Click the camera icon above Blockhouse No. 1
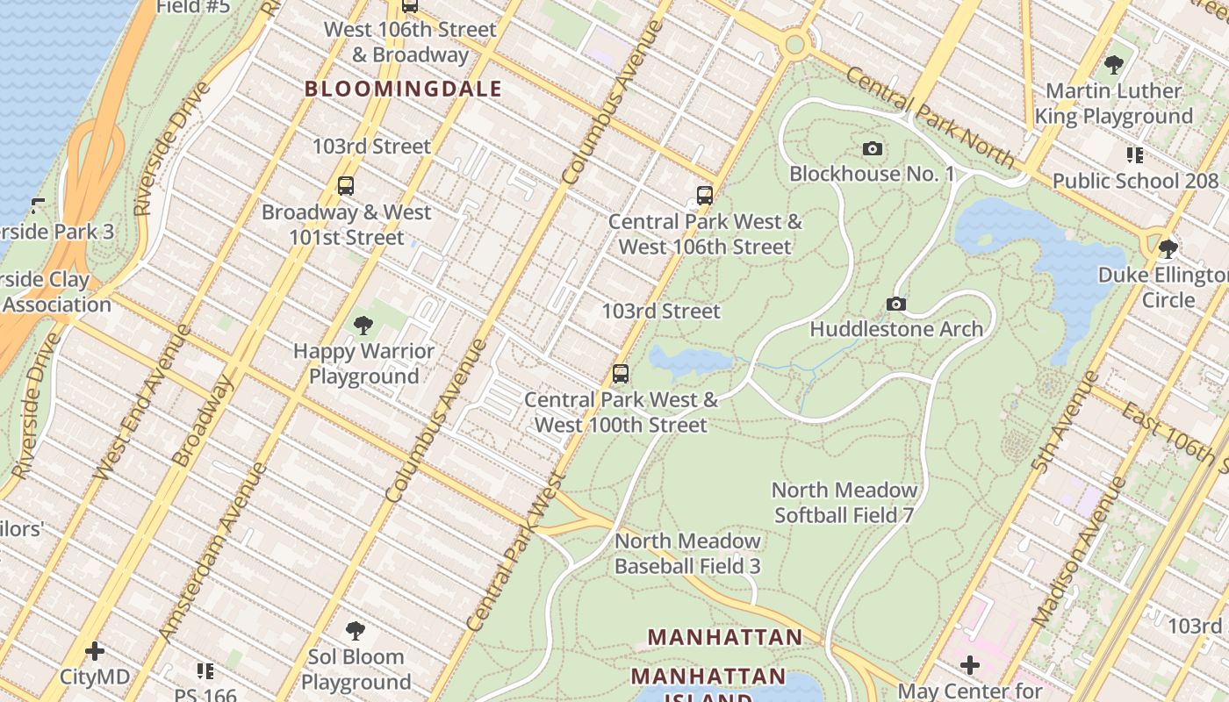point(872,148)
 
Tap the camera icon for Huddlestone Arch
point(895,304)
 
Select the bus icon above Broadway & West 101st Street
point(346,186)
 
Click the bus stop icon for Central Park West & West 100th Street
point(621,374)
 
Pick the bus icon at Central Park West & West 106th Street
point(704,195)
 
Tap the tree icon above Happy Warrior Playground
point(363,326)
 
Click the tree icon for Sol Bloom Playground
point(356,631)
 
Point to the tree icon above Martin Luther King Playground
point(1114,64)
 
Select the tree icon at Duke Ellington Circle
point(1168,249)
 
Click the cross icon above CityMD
point(95,651)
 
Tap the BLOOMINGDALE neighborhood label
point(403,89)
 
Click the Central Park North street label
point(931,118)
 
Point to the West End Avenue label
point(141,403)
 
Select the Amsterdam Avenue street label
point(212,552)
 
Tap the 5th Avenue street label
point(1066,421)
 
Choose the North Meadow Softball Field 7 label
point(844,502)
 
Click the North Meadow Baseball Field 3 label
point(687,553)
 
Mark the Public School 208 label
point(1135,181)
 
